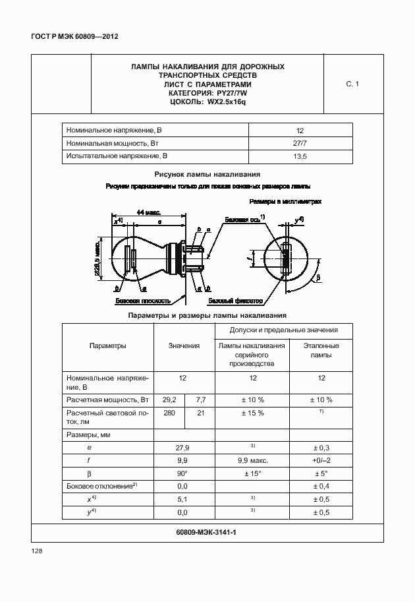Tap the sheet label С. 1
[352, 84]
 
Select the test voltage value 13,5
[299, 156]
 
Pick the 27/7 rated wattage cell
[299, 143]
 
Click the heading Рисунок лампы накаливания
[207, 174]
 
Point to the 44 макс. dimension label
[150, 212]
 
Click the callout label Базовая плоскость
[143, 301]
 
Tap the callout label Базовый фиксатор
[235, 301]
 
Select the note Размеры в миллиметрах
[285, 201]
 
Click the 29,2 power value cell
[169, 400]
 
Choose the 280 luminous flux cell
[169, 413]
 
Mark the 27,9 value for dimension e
[184, 447]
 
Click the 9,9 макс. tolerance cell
[252, 460]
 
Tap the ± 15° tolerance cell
[252, 473]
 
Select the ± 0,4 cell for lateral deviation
[321, 486]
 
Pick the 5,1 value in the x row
[184, 499]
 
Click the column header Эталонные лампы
[321, 350]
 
